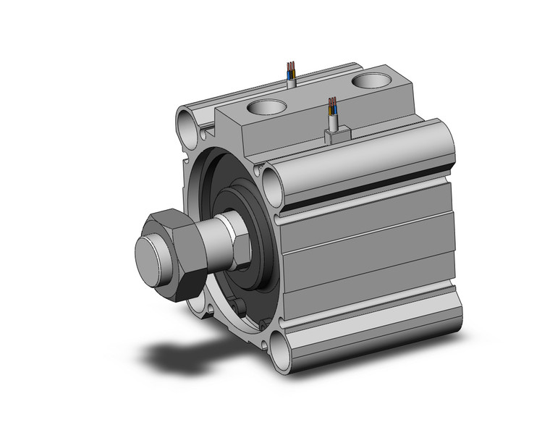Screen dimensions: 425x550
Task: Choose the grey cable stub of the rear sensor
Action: (x=292, y=83)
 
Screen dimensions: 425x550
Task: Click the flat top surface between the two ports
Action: (x=318, y=101)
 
